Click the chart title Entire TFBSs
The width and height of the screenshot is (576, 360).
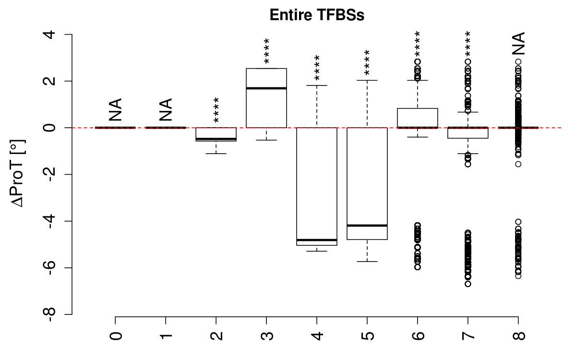[x=317, y=15]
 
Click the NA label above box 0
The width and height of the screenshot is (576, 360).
[x=116, y=109]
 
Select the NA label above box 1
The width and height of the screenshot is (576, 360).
[x=166, y=109]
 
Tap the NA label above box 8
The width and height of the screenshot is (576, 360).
[x=518, y=44]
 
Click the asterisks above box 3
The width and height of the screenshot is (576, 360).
[x=266, y=51]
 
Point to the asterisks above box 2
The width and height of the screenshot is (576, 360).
[x=216, y=110]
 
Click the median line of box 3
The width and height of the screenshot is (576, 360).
[x=266, y=88]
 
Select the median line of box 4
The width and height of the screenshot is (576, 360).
[x=317, y=240]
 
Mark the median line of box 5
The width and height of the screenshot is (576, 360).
[x=367, y=225]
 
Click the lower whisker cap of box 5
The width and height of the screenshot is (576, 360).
[x=367, y=262]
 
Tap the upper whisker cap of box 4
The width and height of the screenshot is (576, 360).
[x=317, y=85]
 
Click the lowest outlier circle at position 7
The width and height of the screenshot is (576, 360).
[x=468, y=284]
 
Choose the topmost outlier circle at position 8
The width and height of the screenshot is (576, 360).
[x=518, y=61]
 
